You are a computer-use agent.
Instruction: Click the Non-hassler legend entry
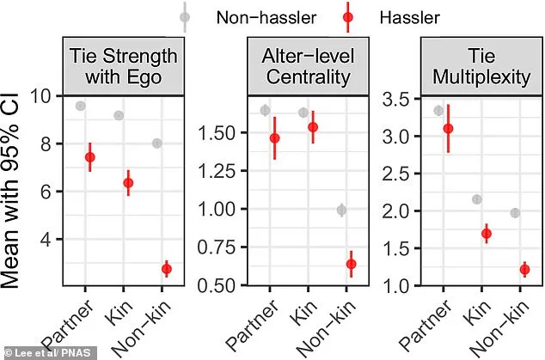(241, 17)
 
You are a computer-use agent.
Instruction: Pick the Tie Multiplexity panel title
(475, 67)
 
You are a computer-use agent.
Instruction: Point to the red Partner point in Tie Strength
(90, 157)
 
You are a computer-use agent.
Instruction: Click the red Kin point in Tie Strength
(128, 183)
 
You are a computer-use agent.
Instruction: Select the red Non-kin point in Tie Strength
(166, 269)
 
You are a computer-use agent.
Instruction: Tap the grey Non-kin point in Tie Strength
(156, 143)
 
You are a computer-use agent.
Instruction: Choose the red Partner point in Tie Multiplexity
(447, 129)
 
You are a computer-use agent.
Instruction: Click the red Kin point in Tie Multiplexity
(486, 234)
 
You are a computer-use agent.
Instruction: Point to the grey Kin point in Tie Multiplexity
(477, 199)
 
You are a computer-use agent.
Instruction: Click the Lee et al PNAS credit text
(43, 351)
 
